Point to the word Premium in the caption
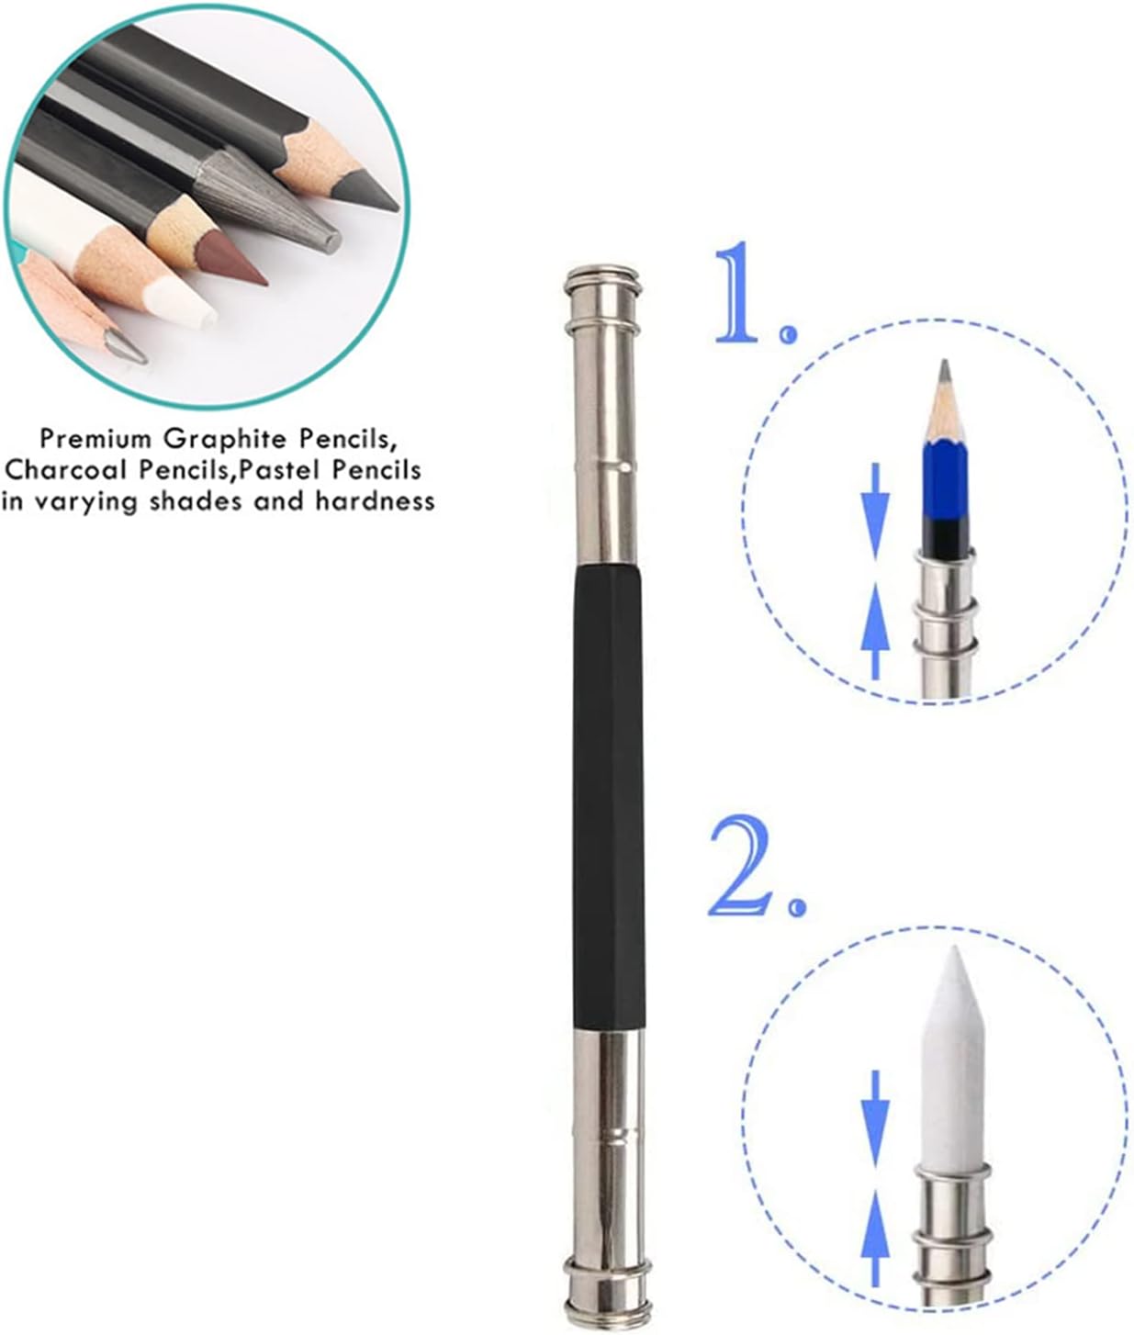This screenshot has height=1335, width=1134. click(95, 437)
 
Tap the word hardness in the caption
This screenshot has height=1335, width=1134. click(375, 501)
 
